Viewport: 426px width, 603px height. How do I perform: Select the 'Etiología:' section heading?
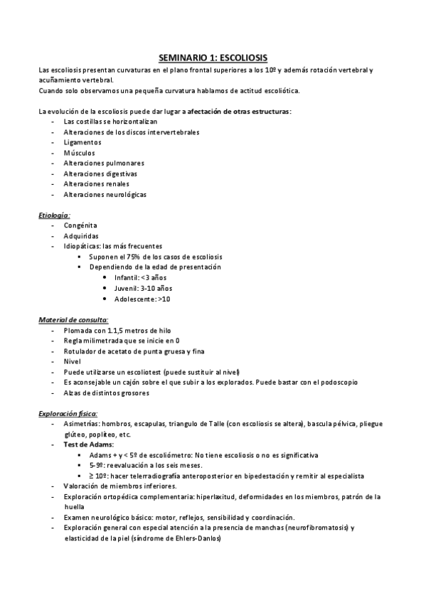[x=54, y=214]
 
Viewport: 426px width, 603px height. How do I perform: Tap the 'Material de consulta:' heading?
[x=73, y=320]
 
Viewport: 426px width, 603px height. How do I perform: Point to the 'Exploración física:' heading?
[x=68, y=413]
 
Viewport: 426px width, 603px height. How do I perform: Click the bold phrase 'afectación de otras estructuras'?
[x=240, y=111]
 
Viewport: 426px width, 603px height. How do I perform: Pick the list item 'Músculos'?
[x=79, y=152]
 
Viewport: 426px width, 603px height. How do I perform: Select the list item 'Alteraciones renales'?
[x=96, y=183]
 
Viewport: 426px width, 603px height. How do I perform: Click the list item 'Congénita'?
[x=80, y=225]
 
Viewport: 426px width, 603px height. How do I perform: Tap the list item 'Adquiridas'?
[x=81, y=235]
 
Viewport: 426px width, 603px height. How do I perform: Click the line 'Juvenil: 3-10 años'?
[x=143, y=288]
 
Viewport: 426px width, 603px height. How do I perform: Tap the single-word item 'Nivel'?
[x=73, y=361]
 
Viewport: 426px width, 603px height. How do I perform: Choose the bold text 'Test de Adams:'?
[x=87, y=444]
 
